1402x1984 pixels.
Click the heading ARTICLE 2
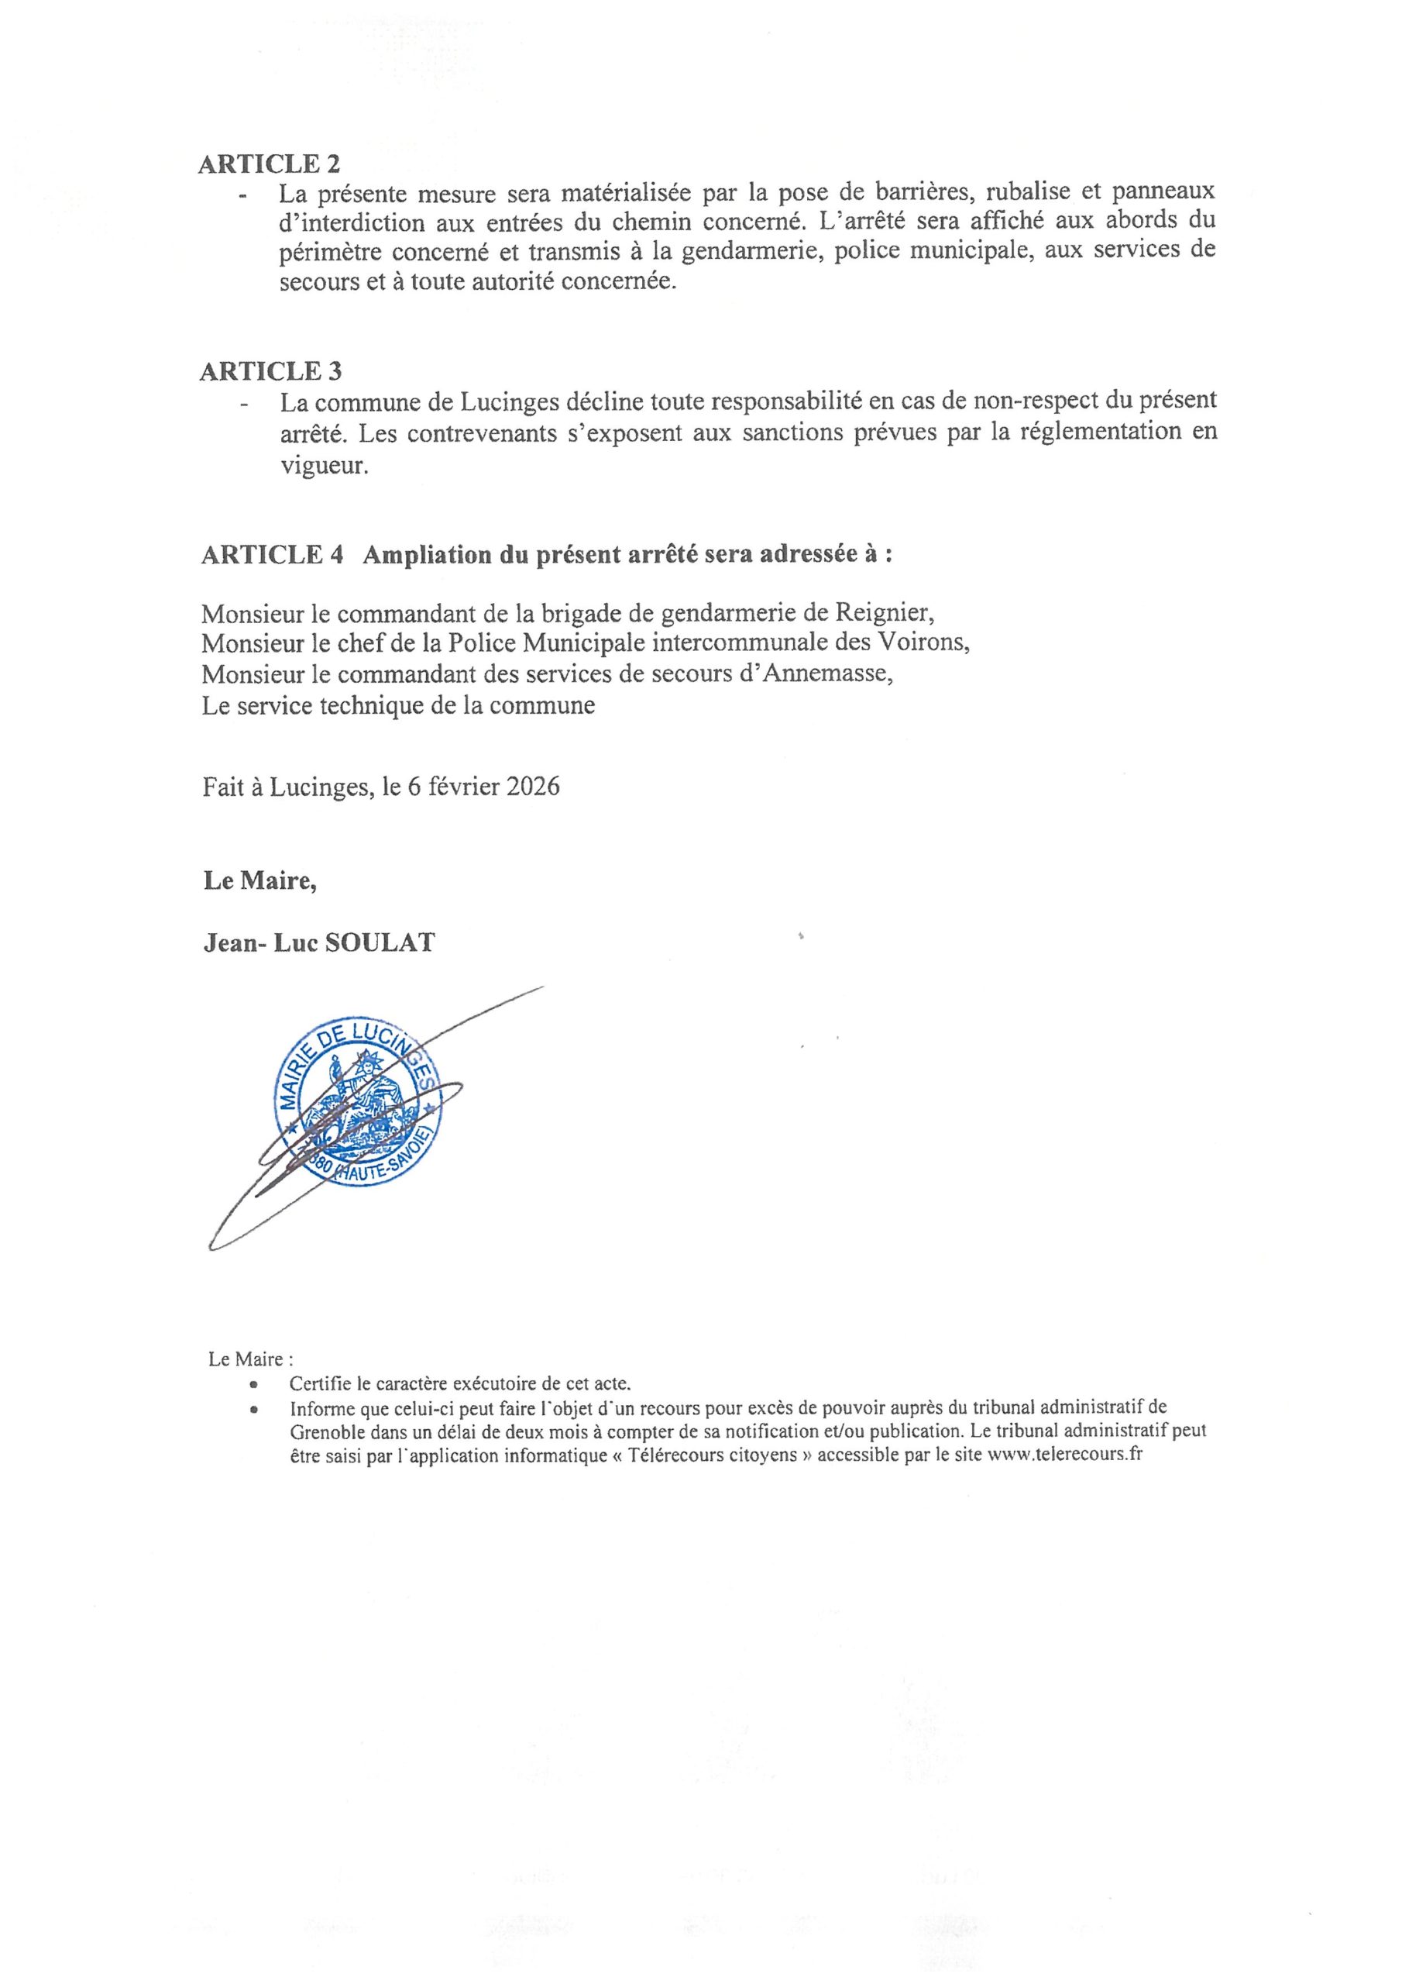[x=270, y=164]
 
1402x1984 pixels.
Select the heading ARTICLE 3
[x=270, y=371]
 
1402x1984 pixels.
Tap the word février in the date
[x=457, y=787]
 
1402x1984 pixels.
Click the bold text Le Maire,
[x=259, y=880]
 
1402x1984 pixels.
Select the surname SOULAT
[x=380, y=942]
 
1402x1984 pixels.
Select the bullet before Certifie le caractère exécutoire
[x=254, y=1384]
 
